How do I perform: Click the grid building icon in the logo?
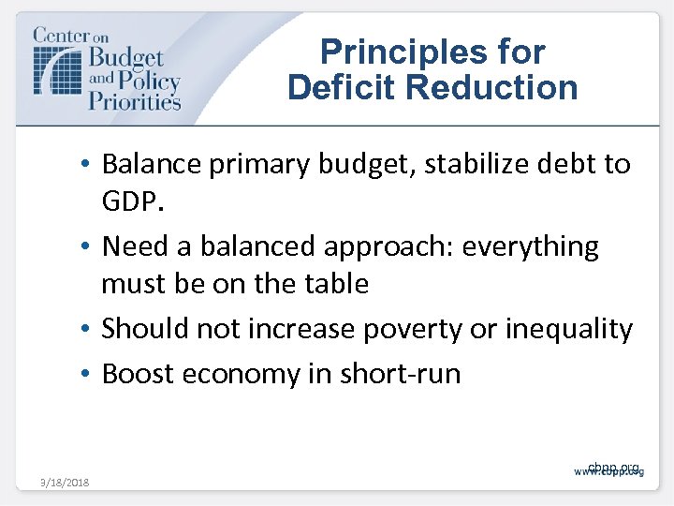click(58, 67)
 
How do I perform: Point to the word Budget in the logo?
click(126, 58)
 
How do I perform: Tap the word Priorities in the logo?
click(134, 98)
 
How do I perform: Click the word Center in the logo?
click(61, 36)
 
